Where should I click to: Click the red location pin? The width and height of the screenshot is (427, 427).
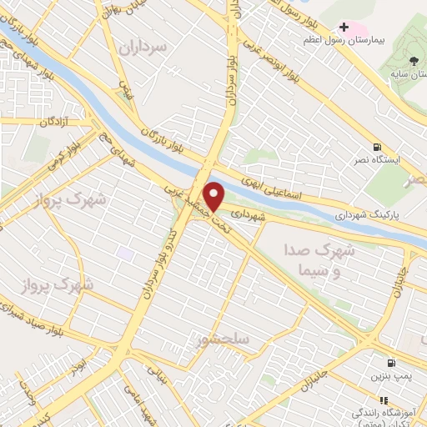tap(215, 196)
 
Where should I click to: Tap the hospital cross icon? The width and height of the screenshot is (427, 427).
tap(344, 28)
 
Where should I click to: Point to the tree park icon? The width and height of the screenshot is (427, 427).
tap(414, 59)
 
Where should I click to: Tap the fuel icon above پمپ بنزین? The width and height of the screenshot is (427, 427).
tap(390, 363)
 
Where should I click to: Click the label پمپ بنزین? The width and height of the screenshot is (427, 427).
tap(389, 377)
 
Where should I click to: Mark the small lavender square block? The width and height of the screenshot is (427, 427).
tap(125, 253)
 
